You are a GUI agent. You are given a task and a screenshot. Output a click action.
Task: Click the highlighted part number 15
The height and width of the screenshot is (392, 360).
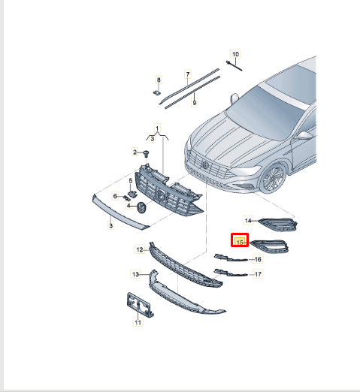(x=240, y=241)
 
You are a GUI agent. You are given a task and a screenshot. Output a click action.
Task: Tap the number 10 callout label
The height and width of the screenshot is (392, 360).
(x=234, y=54)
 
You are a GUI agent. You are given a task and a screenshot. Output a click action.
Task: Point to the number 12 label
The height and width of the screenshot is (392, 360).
(x=139, y=249)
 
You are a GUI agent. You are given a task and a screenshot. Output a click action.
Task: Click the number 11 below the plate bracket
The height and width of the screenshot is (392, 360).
(x=138, y=323)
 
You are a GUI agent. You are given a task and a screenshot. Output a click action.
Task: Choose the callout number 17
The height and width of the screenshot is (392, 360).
(x=257, y=274)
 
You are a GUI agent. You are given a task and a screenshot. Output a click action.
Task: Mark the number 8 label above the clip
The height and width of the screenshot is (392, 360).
(x=159, y=79)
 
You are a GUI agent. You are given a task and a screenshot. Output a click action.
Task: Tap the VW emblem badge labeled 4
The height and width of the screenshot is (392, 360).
(x=141, y=207)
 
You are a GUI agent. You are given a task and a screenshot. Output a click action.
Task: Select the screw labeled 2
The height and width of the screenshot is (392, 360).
(x=147, y=154)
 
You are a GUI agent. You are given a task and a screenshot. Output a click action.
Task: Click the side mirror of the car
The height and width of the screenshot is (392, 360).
(x=304, y=136)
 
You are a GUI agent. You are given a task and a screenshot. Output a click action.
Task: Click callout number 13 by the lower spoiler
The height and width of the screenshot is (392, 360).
(x=135, y=275)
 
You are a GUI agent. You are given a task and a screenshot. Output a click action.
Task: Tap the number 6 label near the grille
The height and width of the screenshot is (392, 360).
(x=116, y=196)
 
